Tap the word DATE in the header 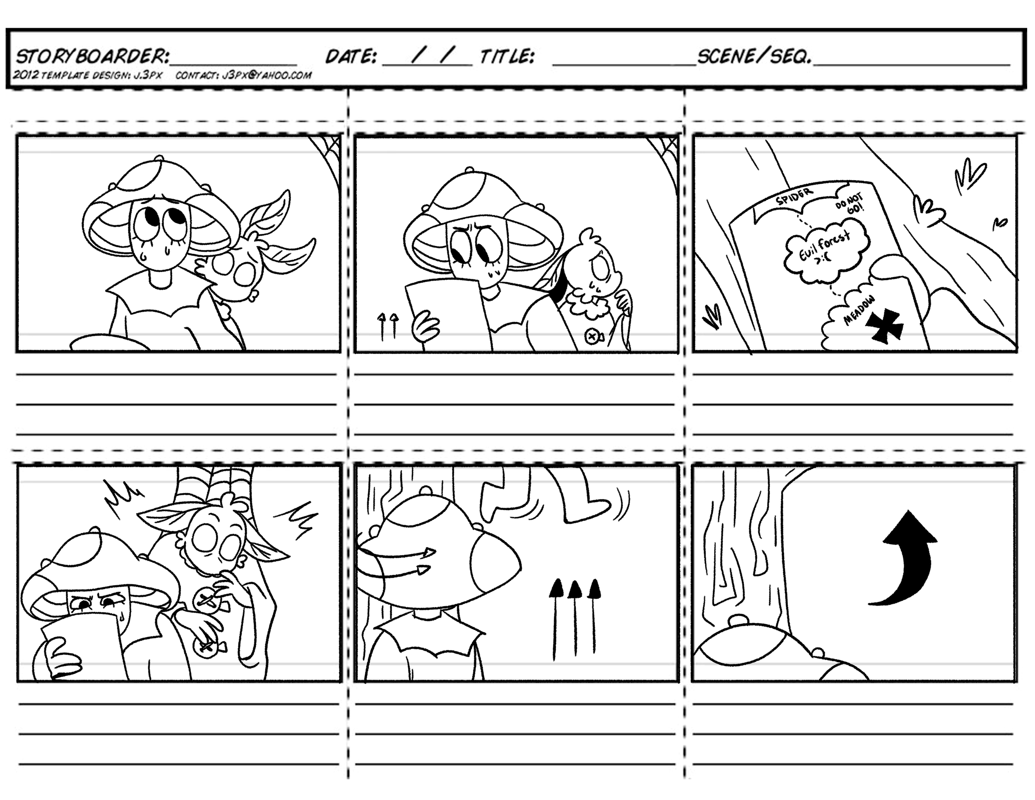click(351, 57)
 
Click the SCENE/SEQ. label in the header click(753, 57)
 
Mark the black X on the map click(884, 325)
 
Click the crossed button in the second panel click(592, 337)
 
